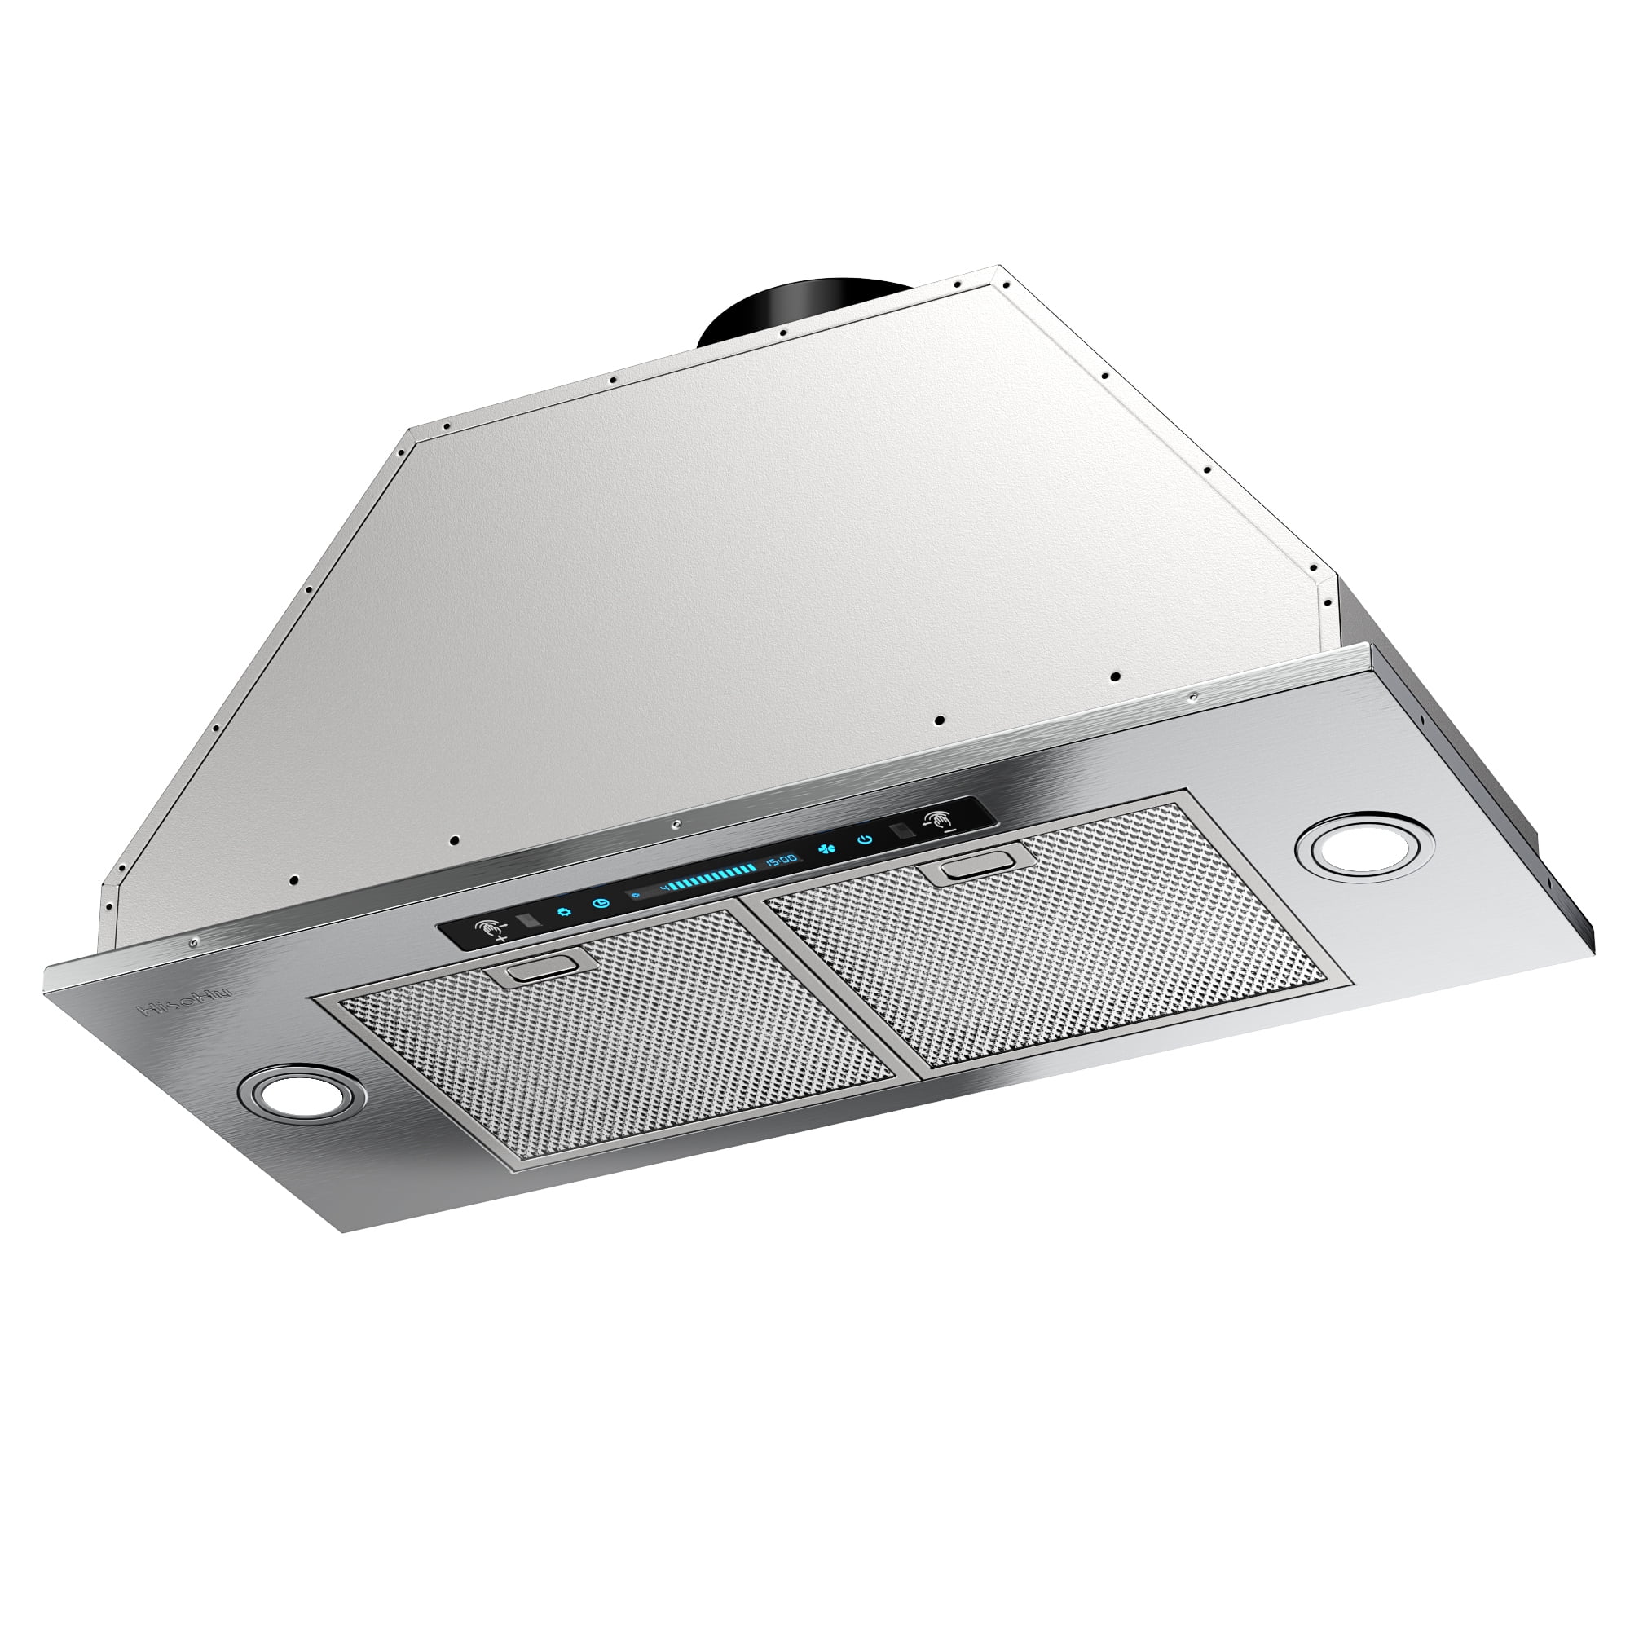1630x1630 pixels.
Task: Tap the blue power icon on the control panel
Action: coord(864,839)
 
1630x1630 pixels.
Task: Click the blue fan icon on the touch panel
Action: coord(828,848)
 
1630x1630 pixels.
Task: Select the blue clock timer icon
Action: coord(600,903)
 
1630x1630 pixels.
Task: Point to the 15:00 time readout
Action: coord(781,860)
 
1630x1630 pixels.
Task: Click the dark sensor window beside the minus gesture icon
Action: coord(900,831)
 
